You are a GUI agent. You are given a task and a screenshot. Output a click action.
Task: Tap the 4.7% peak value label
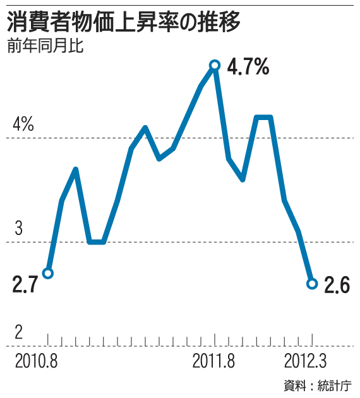[x=248, y=66]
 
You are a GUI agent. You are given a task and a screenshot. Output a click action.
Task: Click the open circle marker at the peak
[x=215, y=64]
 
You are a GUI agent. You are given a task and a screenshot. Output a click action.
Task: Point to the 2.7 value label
[x=25, y=285]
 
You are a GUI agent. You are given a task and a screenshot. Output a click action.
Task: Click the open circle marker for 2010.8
[x=48, y=273]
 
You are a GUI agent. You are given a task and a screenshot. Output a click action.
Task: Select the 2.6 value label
[x=337, y=286]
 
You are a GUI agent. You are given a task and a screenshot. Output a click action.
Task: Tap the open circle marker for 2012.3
[x=311, y=284]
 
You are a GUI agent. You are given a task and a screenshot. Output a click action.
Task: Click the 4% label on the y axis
[x=23, y=125]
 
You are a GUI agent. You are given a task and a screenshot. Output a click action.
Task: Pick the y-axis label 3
[x=18, y=229]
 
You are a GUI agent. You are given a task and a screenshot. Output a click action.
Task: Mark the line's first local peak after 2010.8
[x=76, y=169]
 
